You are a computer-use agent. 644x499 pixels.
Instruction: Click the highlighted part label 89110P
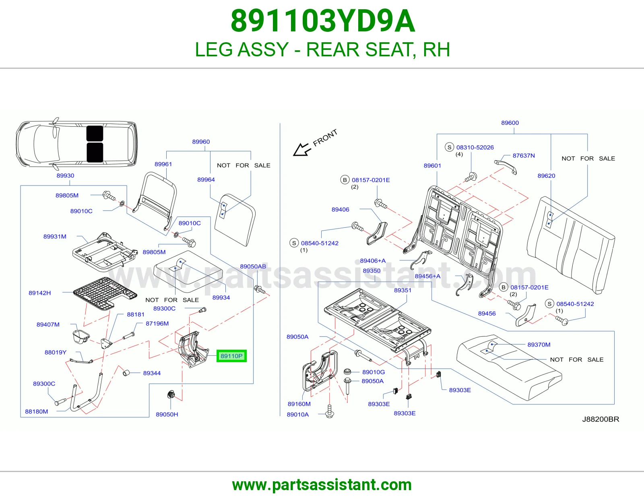(x=231, y=356)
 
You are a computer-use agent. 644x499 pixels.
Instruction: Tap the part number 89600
(x=510, y=123)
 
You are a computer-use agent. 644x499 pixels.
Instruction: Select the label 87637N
(x=524, y=156)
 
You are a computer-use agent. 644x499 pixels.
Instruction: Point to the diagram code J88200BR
(x=601, y=419)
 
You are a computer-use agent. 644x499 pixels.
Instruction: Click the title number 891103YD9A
(x=322, y=21)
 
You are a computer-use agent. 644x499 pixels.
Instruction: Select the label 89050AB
(x=253, y=266)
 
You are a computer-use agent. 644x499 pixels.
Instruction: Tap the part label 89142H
(x=40, y=293)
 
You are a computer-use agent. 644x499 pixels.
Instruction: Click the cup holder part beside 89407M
(x=80, y=337)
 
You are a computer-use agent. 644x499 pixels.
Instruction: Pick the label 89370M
(x=539, y=344)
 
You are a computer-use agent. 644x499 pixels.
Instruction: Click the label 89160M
(x=299, y=404)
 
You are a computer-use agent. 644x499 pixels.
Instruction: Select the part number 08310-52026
(x=475, y=147)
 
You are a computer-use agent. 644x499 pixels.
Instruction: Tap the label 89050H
(x=167, y=414)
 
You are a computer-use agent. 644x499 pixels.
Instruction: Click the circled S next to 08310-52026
(x=449, y=147)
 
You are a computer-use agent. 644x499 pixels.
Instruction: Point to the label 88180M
(x=37, y=411)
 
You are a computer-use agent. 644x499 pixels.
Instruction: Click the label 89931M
(x=55, y=237)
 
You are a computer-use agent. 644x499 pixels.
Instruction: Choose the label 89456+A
(x=427, y=276)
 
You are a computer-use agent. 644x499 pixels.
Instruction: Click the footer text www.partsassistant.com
(x=322, y=485)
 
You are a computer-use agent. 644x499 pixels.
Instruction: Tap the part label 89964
(x=206, y=179)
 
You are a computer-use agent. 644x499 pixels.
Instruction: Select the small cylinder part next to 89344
(x=126, y=373)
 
